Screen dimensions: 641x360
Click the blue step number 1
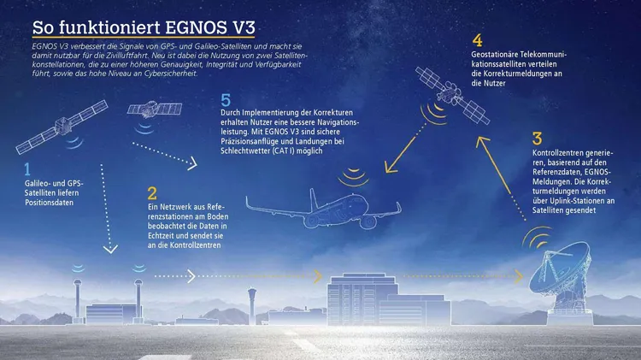coord(27,169)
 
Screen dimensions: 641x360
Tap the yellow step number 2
coord(152,193)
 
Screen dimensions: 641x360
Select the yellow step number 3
coord(538,139)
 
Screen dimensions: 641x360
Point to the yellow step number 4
coord(477,40)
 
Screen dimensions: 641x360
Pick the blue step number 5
coord(226,100)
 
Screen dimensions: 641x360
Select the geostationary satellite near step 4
coord(452,95)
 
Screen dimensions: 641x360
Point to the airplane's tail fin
coord(314,199)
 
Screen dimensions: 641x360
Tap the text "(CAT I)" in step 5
coord(283,150)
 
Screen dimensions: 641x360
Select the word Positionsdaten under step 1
coord(49,203)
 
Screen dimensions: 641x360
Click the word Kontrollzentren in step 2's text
coord(195,245)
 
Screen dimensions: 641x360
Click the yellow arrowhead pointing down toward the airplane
coord(391,167)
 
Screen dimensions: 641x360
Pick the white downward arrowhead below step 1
coord(110,248)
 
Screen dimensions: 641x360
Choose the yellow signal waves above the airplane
coord(354,177)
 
